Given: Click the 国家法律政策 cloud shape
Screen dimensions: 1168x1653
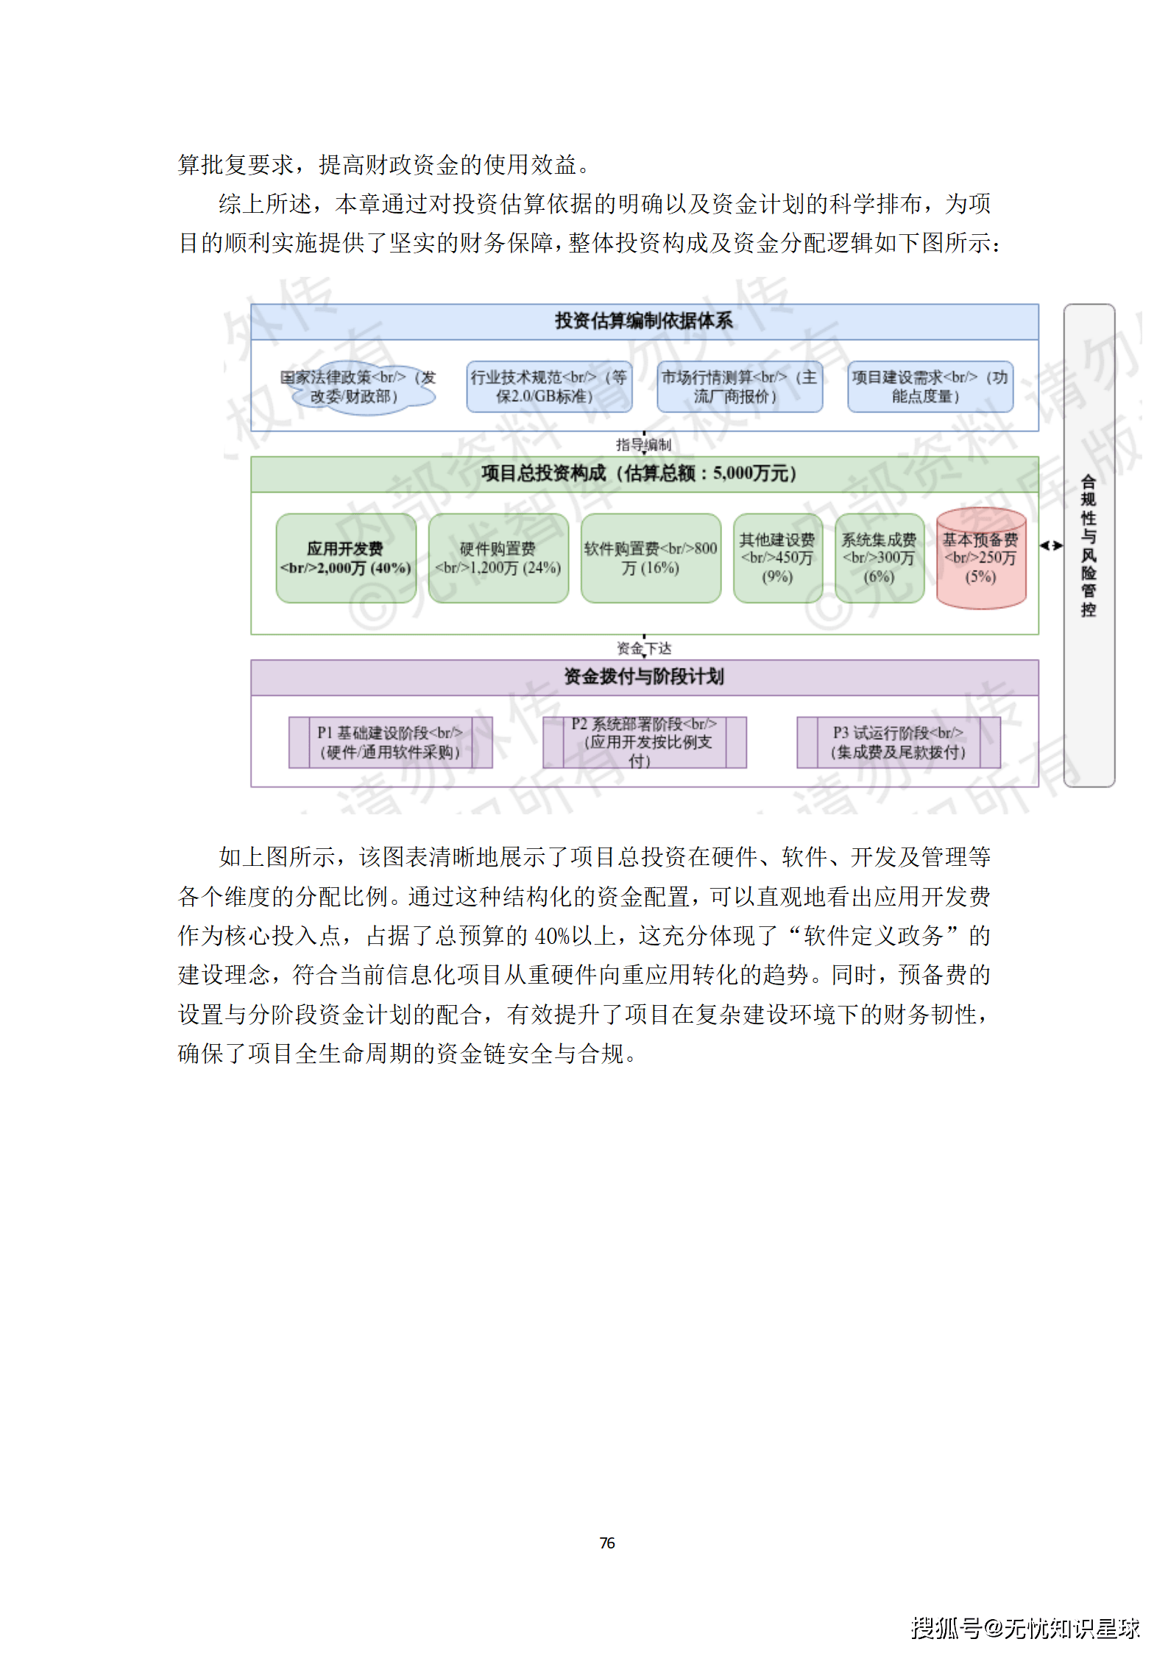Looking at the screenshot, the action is pyautogui.click(x=358, y=387).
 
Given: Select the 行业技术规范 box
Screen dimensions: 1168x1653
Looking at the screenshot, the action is pyautogui.click(x=548, y=387).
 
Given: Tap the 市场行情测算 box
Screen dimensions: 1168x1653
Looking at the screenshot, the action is pyautogui.click(x=739, y=387).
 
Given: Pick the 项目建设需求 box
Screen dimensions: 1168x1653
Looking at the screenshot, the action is pyautogui.click(x=930, y=387).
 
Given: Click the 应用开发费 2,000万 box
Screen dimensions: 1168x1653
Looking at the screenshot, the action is pyautogui.click(x=346, y=558).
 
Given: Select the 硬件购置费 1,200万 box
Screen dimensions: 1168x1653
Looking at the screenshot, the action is pyautogui.click(x=498, y=558).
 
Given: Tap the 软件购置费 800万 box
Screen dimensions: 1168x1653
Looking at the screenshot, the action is pyautogui.click(x=651, y=558).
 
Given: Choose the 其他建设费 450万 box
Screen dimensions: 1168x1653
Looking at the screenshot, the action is pyautogui.click(x=777, y=558).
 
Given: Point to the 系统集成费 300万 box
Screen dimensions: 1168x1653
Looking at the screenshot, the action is pyautogui.click(x=879, y=558).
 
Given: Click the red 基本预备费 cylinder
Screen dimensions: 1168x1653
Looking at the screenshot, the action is pyautogui.click(x=980, y=558).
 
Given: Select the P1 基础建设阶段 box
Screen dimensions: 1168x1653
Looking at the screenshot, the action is pyautogui.click(x=390, y=742).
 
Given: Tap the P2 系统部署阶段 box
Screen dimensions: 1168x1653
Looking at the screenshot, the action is pyautogui.click(x=644, y=742).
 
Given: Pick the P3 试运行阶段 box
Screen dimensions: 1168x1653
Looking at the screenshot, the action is pyautogui.click(x=898, y=742).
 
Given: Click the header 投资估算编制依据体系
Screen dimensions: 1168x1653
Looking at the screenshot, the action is pyautogui.click(x=644, y=321).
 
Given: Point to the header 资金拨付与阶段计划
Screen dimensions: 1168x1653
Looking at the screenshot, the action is pyautogui.click(x=644, y=677).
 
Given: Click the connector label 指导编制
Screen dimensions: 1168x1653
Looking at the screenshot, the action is pyautogui.click(x=644, y=445).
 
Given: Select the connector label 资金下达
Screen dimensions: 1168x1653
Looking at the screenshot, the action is pyautogui.click(x=644, y=648).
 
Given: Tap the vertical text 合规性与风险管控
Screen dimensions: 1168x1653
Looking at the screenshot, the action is pyautogui.click(x=1089, y=546).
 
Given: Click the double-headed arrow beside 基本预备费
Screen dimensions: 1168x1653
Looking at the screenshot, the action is pyautogui.click(x=1051, y=546).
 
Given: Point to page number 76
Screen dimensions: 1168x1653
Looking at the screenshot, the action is pyautogui.click(x=607, y=1543).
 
